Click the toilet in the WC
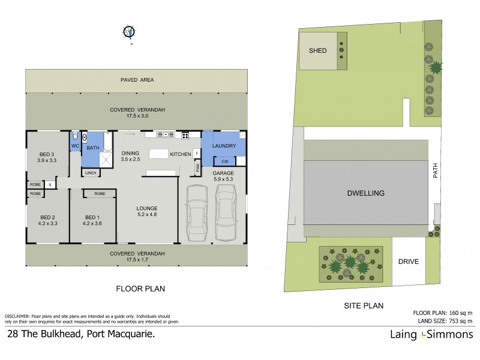tap(75, 137)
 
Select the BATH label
tap(93, 147)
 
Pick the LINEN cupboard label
tap(90, 173)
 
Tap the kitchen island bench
tap(160, 154)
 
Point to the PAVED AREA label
tap(136, 79)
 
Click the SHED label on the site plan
tap(317, 51)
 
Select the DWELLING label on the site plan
tap(365, 193)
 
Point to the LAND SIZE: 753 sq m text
tap(443, 320)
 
